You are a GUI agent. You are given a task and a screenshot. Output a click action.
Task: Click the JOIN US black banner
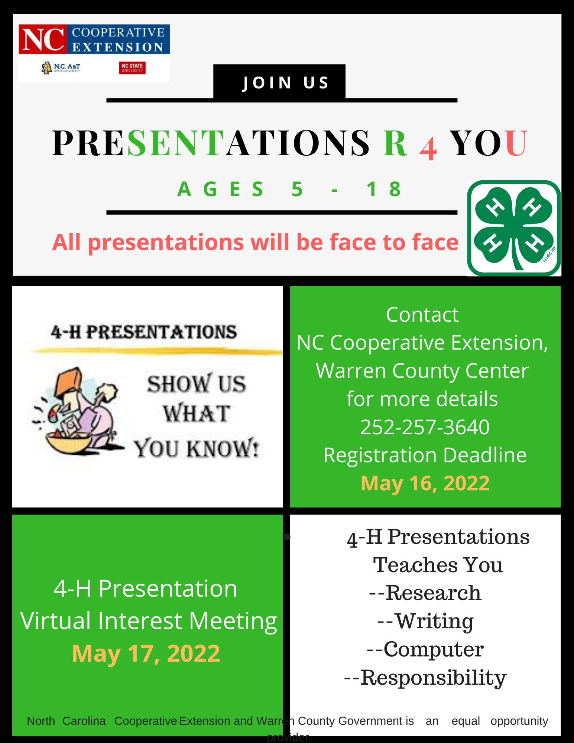point(279,82)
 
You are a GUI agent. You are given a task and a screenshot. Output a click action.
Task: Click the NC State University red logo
point(132,68)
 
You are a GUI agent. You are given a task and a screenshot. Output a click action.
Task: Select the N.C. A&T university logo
point(61,68)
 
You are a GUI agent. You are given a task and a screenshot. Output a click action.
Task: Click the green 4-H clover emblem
point(513,228)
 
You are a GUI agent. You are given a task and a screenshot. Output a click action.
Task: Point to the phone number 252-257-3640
point(425,427)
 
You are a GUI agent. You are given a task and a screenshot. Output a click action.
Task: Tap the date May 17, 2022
point(146,653)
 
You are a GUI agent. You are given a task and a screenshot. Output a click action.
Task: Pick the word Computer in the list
point(433,649)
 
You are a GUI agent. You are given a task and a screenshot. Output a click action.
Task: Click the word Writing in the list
point(434,621)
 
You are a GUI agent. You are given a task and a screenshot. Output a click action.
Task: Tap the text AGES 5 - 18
point(290,189)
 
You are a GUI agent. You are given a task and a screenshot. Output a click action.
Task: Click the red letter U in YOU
point(516,143)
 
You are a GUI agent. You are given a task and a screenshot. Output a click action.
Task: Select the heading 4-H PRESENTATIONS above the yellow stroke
point(144,332)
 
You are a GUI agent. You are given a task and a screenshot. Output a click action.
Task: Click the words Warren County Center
point(422,371)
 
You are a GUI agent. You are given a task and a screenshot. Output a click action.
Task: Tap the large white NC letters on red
point(43,39)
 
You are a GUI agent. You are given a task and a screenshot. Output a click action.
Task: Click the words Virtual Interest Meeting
point(149,621)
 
